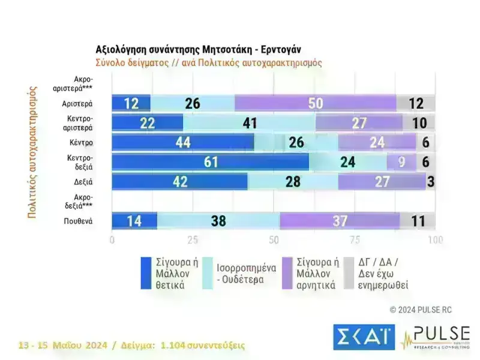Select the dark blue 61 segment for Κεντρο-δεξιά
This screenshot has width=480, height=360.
pyautogui.click(x=210, y=163)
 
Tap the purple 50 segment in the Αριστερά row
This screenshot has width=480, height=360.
pyautogui.click(x=316, y=103)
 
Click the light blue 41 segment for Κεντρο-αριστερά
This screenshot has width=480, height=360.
pyautogui.click(x=249, y=123)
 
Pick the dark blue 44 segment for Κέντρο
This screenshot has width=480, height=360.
pyautogui.click(x=183, y=143)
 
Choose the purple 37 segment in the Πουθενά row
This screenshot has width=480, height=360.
pyautogui.click(x=340, y=221)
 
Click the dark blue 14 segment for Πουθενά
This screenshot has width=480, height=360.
pyautogui.click(x=134, y=221)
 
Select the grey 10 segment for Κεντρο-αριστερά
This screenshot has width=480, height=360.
pyautogui.click(x=419, y=123)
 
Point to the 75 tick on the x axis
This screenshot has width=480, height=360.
pyautogui.click(x=354, y=241)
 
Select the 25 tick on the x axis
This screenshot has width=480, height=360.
pyautogui.click(x=193, y=241)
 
